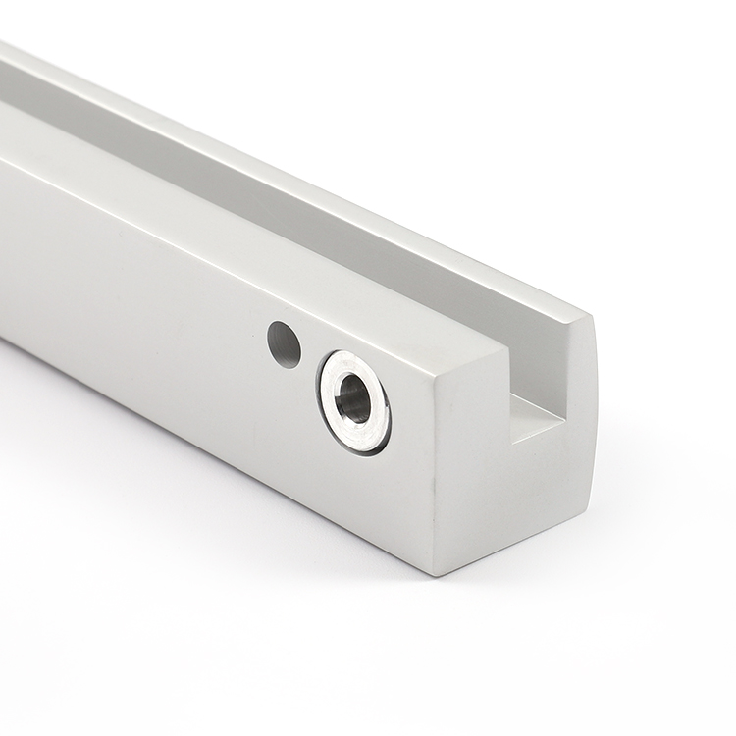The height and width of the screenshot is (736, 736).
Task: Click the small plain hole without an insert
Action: [284, 344]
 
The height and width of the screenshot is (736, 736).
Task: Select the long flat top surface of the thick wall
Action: [245, 236]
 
